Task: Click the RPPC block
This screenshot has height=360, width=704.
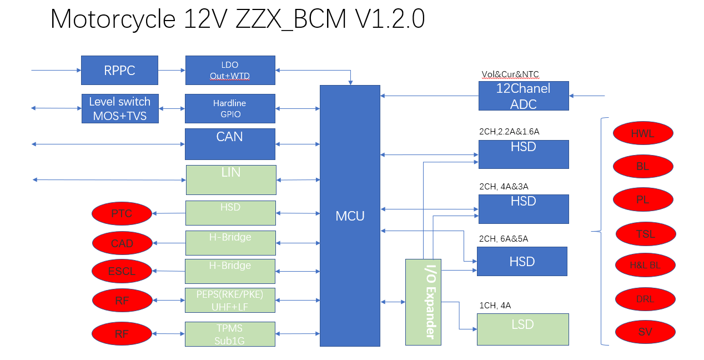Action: click(119, 70)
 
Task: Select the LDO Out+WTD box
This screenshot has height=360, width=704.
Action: click(230, 70)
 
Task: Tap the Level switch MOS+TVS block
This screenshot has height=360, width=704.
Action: click(119, 108)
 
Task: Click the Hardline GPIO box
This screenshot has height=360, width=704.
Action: click(230, 108)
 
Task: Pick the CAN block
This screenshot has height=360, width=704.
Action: click(230, 144)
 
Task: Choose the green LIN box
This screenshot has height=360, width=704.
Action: click(231, 179)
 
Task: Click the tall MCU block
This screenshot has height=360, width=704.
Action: click(350, 216)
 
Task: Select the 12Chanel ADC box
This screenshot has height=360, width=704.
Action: click(523, 96)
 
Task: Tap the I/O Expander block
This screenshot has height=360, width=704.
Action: click(423, 302)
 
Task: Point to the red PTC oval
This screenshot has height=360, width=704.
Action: click(122, 214)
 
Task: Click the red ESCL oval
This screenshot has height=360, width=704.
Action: click(122, 272)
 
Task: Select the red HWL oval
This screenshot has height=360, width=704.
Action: click(643, 133)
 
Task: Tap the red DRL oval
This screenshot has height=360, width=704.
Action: click(645, 299)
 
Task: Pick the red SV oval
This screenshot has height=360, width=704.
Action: click(645, 332)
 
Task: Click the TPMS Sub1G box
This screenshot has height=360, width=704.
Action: click(230, 334)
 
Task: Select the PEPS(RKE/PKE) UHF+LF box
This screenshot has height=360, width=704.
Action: click(230, 300)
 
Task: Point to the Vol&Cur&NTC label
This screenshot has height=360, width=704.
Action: click(510, 74)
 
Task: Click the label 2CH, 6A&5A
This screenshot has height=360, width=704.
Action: click(503, 239)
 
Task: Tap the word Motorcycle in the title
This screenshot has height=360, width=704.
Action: click(113, 19)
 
